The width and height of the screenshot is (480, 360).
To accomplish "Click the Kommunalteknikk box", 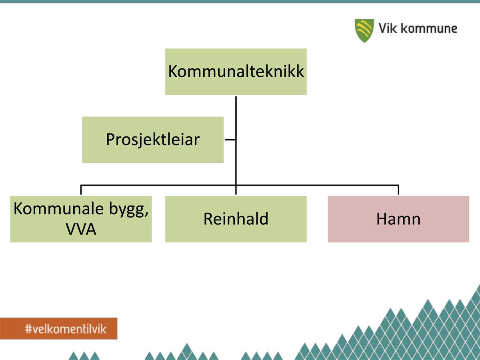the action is tap(236, 72).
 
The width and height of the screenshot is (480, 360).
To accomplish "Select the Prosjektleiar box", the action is tap(153, 140).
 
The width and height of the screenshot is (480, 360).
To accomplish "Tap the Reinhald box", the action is tap(236, 219).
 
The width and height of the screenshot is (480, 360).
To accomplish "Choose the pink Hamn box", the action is tap(398, 219).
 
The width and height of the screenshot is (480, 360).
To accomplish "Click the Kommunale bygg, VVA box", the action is tap(81, 219).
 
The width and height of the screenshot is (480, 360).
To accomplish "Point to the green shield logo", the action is tap(364, 31).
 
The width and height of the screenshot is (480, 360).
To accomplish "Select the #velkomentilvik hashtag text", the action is tap(66, 329).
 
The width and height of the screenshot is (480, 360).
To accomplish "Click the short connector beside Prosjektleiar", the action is tap(230, 140).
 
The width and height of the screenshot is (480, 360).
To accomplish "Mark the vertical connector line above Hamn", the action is tap(398, 190).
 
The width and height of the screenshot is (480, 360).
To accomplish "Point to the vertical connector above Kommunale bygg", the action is tap(81, 190).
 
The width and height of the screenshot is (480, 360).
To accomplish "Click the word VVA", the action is tap(81, 229).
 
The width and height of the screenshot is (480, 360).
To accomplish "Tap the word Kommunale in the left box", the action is tap(59, 209).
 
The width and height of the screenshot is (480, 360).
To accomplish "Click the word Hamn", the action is tap(398, 219).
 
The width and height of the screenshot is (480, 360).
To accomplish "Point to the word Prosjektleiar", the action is tap(153, 140).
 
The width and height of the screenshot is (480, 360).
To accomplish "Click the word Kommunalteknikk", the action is tap(236, 71).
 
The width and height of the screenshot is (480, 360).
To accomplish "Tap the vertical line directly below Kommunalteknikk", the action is tap(236, 145).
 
